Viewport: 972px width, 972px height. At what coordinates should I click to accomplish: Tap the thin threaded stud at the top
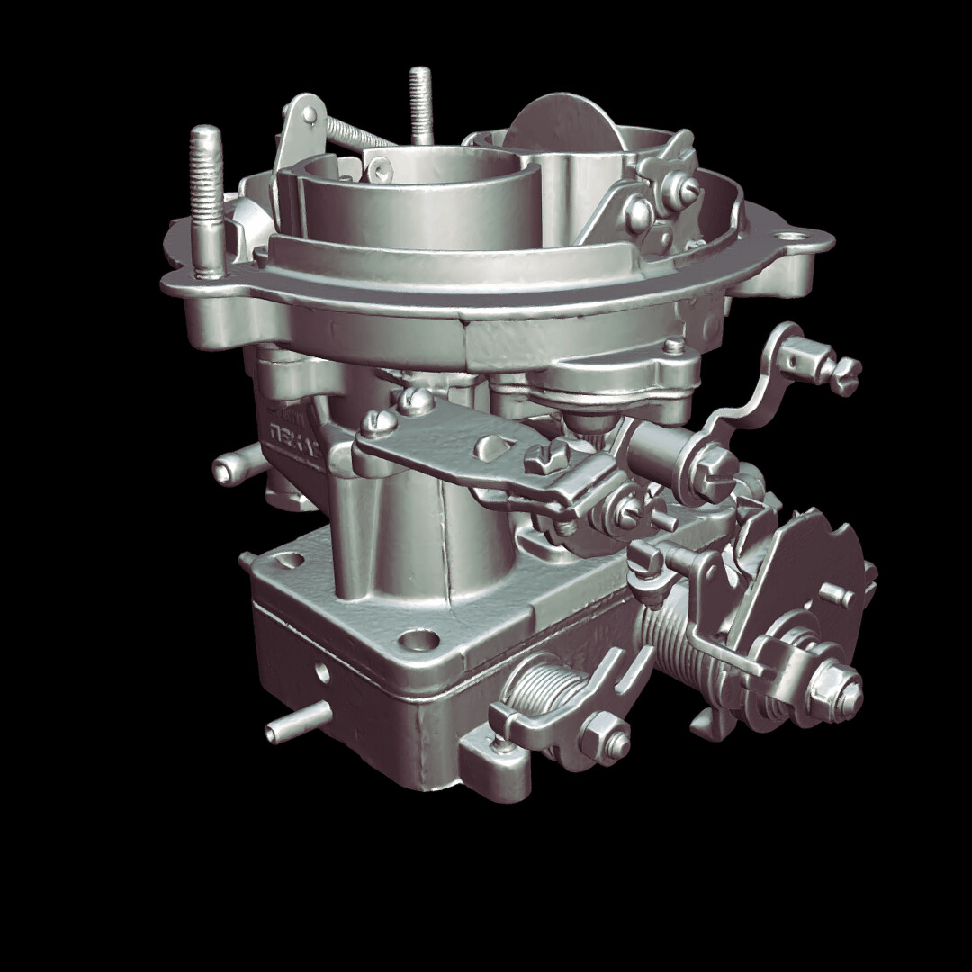pyautogui.click(x=420, y=103)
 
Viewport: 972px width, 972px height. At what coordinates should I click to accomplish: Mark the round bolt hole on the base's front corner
pyautogui.click(x=417, y=641)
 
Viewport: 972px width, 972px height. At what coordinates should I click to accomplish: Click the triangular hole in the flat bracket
pyautogui.click(x=495, y=447)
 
